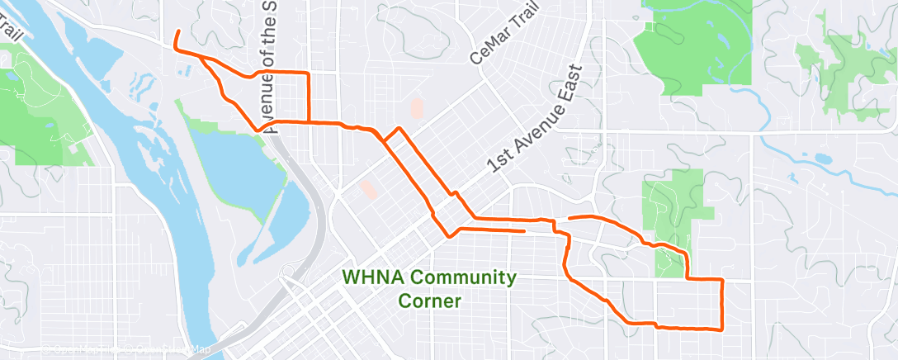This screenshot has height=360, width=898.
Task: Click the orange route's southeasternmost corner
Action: (722, 329)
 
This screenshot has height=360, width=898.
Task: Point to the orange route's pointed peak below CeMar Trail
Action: (399, 129)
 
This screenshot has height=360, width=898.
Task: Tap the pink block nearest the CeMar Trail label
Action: (416, 108)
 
